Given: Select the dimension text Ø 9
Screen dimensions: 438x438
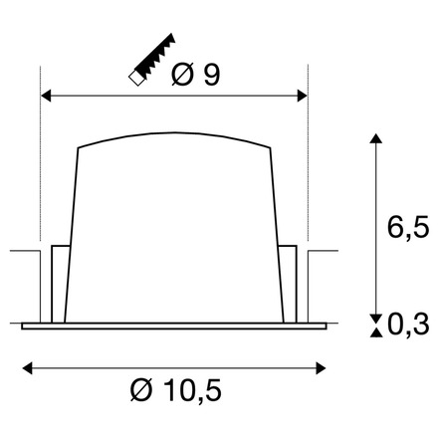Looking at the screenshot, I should pyautogui.click(x=195, y=76).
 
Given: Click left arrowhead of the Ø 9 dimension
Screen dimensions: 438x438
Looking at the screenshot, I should pyautogui.click(x=44, y=97).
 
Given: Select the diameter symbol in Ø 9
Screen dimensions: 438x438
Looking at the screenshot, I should pyautogui.click(x=181, y=76).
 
